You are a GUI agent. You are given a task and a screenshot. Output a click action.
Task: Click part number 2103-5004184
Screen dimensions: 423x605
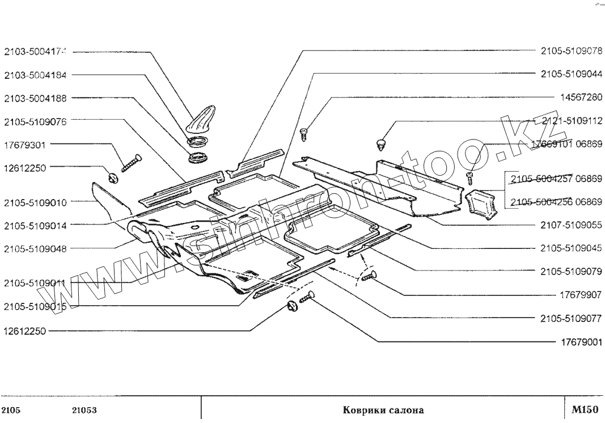point(35,75)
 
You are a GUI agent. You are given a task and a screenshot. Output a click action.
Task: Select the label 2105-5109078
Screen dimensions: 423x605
point(571,50)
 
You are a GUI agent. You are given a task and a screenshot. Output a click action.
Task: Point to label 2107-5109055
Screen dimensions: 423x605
point(571,225)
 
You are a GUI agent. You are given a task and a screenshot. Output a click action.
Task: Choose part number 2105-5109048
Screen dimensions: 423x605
point(35,249)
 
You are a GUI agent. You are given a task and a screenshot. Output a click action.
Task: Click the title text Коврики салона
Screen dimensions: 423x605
point(383,409)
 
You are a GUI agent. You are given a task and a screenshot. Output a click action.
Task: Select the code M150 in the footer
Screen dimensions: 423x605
point(585,409)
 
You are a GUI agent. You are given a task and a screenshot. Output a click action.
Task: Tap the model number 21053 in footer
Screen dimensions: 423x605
point(83,409)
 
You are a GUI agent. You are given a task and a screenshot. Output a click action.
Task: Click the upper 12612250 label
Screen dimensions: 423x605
point(27,168)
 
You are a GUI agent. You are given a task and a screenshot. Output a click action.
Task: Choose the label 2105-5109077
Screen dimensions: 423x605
point(571,318)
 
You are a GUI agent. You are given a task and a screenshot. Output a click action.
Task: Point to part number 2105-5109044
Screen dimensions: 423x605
point(571,74)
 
